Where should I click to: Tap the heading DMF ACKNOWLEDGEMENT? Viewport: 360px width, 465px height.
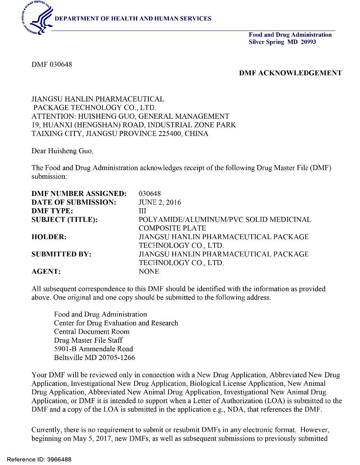tap(291, 73)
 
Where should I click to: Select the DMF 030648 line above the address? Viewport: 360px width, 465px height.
tap(52, 64)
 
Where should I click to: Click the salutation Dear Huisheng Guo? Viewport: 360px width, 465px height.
tap(62, 151)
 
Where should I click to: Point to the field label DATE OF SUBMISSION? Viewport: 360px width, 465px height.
tap(74, 202)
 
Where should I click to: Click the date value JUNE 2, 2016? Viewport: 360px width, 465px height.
tap(160, 202)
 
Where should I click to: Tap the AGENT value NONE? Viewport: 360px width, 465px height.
tap(149, 272)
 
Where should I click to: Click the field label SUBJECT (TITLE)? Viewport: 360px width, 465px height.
tap(64, 219)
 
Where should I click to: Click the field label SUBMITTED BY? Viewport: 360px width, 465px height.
tap(61, 254)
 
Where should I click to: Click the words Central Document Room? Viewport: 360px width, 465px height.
tap(91, 332)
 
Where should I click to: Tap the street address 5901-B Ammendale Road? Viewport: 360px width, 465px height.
tap(93, 349)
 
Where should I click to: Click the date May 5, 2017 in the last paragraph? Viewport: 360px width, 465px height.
tap(92, 438)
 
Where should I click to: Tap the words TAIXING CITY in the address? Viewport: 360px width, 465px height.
tap(57, 133)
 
